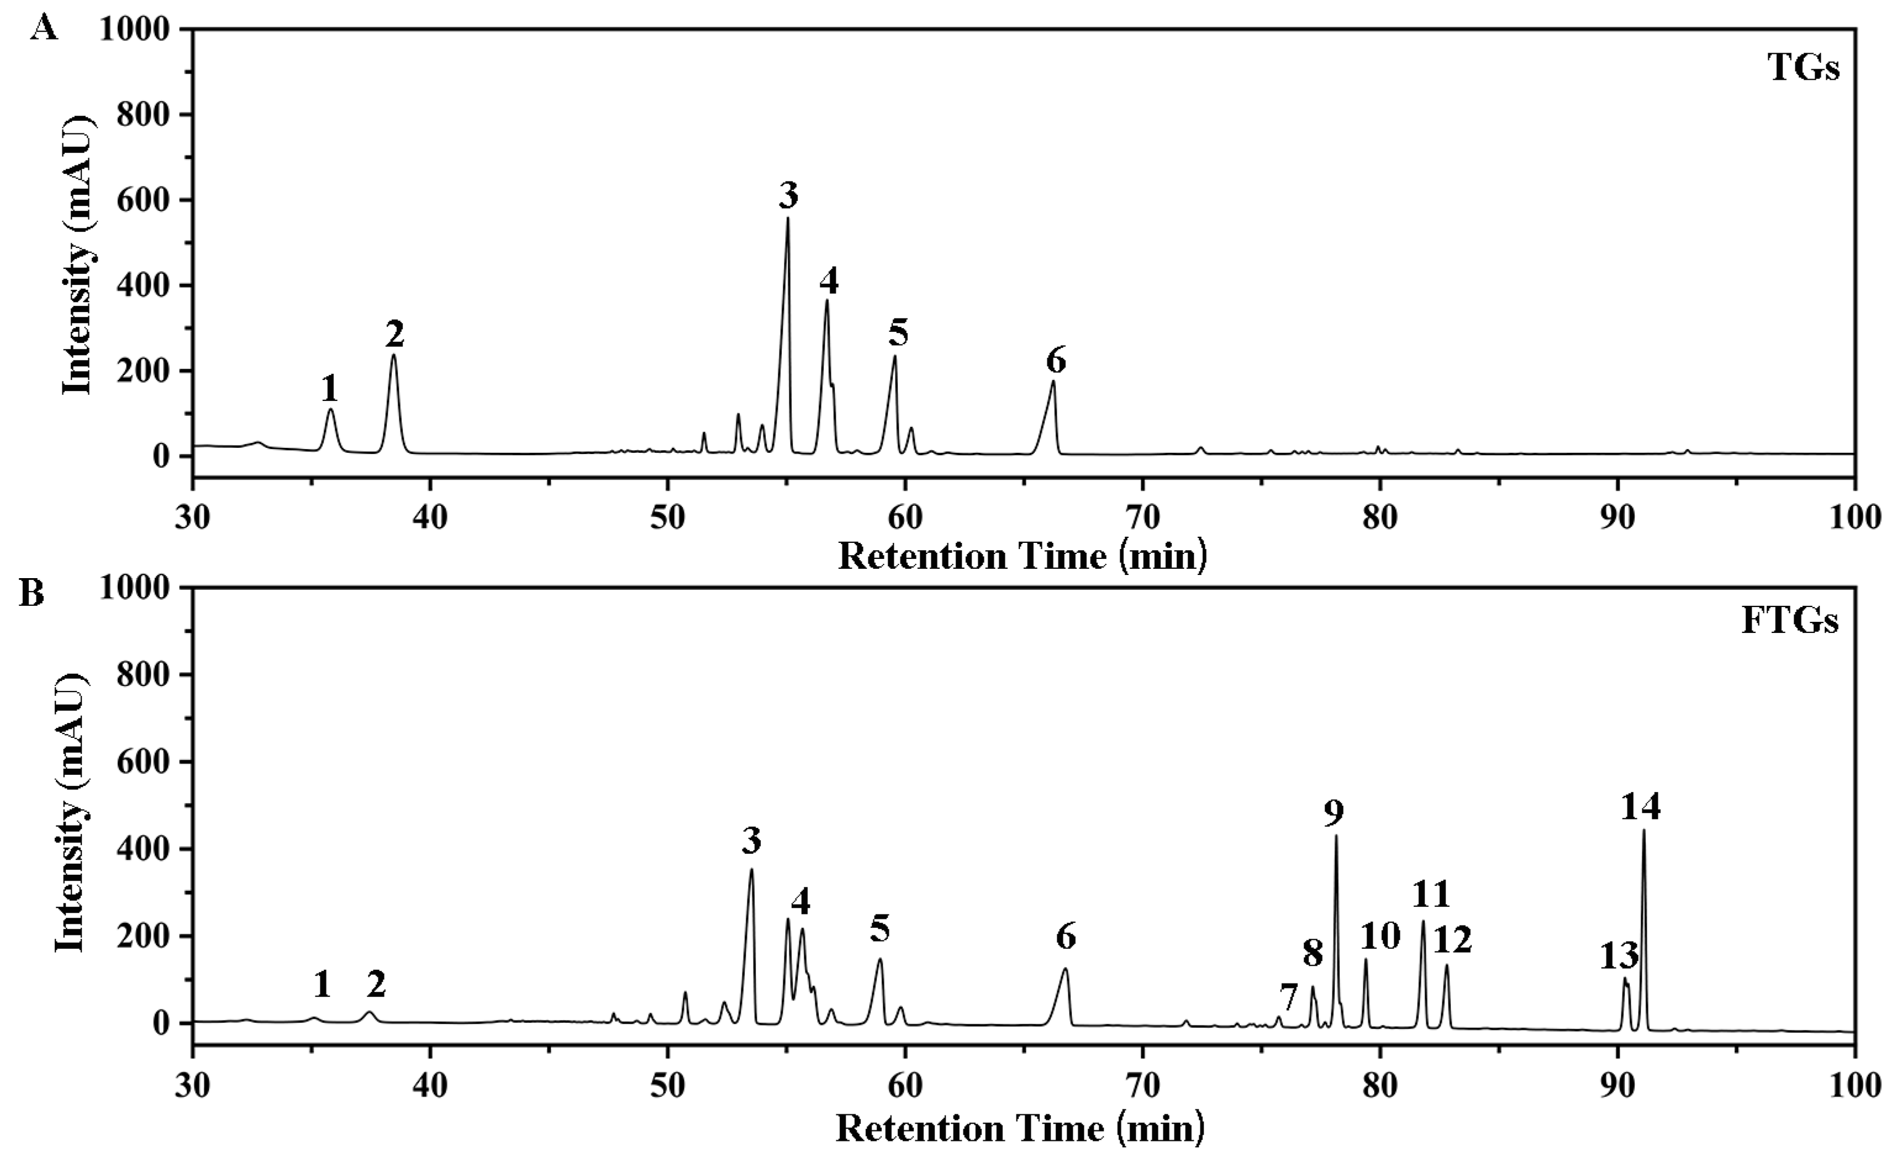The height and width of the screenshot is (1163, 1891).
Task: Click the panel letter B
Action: (x=31, y=595)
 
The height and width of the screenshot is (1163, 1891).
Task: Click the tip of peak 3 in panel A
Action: (x=788, y=218)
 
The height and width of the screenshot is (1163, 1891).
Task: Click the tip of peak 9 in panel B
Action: (x=1336, y=836)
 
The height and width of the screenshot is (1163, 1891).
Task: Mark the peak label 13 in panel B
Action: (x=1619, y=957)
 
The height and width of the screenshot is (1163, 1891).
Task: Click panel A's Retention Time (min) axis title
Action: (x=1021, y=555)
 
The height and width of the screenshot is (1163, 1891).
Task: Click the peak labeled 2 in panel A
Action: (x=394, y=355)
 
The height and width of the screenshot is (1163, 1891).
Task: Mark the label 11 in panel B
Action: (x=1431, y=895)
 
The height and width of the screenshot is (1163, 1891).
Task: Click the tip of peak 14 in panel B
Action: (x=1644, y=830)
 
